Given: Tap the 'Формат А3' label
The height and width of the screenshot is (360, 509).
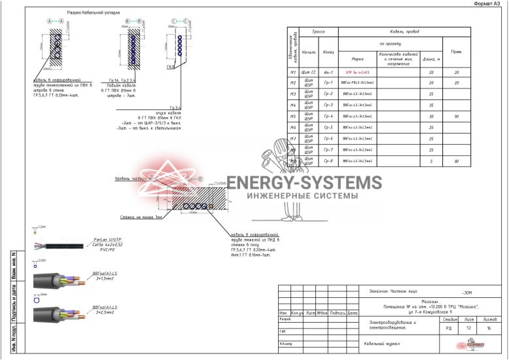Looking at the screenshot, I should (x=489, y=3).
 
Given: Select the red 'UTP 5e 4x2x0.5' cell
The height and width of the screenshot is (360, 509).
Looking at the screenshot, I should (x=357, y=72).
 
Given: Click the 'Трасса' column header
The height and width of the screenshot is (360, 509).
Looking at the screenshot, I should (x=319, y=31).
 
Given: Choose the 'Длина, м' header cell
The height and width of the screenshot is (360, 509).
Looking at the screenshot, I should (x=431, y=59).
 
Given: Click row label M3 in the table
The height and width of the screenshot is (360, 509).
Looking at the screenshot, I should (x=294, y=94).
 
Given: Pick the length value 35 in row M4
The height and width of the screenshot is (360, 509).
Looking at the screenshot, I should (x=431, y=105).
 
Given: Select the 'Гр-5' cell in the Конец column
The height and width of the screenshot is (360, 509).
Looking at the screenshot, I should (x=328, y=128).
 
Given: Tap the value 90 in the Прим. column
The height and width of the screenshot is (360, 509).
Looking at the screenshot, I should (x=456, y=117).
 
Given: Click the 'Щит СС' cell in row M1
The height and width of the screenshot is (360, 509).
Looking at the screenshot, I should (x=309, y=72).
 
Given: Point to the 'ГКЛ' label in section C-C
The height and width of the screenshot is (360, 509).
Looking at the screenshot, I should (x=169, y=66).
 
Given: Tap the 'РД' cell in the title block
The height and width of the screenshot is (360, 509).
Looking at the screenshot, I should (x=449, y=329).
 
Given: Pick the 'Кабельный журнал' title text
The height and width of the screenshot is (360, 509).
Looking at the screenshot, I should (x=381, y=343).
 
